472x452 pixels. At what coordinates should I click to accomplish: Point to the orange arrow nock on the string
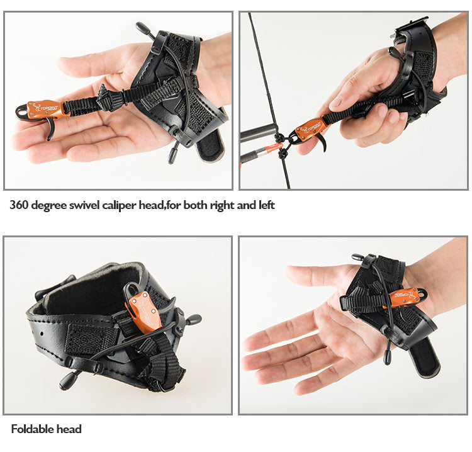pyautogui.click(x=272, y=149)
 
